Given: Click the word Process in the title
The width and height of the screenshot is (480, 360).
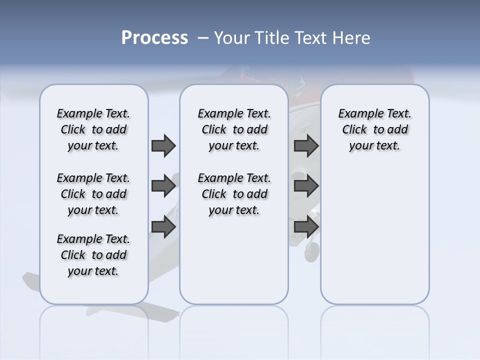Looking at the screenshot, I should [154, 38].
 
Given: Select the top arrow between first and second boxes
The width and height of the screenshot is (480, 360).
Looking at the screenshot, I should [163, 145].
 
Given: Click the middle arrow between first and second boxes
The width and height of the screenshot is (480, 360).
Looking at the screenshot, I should [163, 186].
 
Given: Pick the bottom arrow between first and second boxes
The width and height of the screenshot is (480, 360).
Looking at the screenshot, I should [163, 226].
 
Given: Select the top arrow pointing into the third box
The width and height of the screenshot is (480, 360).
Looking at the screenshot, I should [306, 145].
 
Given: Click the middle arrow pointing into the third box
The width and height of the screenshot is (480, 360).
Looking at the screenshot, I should [306, 186].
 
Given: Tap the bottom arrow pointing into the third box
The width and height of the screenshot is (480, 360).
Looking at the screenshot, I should [306, 226].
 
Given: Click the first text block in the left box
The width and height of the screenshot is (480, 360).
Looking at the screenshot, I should [93, 129].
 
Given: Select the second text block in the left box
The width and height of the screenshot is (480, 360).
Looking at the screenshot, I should [93, 194].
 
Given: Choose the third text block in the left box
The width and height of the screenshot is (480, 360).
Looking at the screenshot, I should [93, 255].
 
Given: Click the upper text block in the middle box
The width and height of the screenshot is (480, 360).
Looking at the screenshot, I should [234, 129].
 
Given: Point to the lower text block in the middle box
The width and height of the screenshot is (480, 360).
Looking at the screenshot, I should [234, 194].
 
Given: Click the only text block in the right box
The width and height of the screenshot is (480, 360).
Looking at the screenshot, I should [374, 129].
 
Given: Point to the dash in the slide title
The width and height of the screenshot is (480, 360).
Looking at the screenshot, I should [203, 38].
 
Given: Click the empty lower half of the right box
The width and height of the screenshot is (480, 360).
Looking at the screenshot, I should [374, 240].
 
